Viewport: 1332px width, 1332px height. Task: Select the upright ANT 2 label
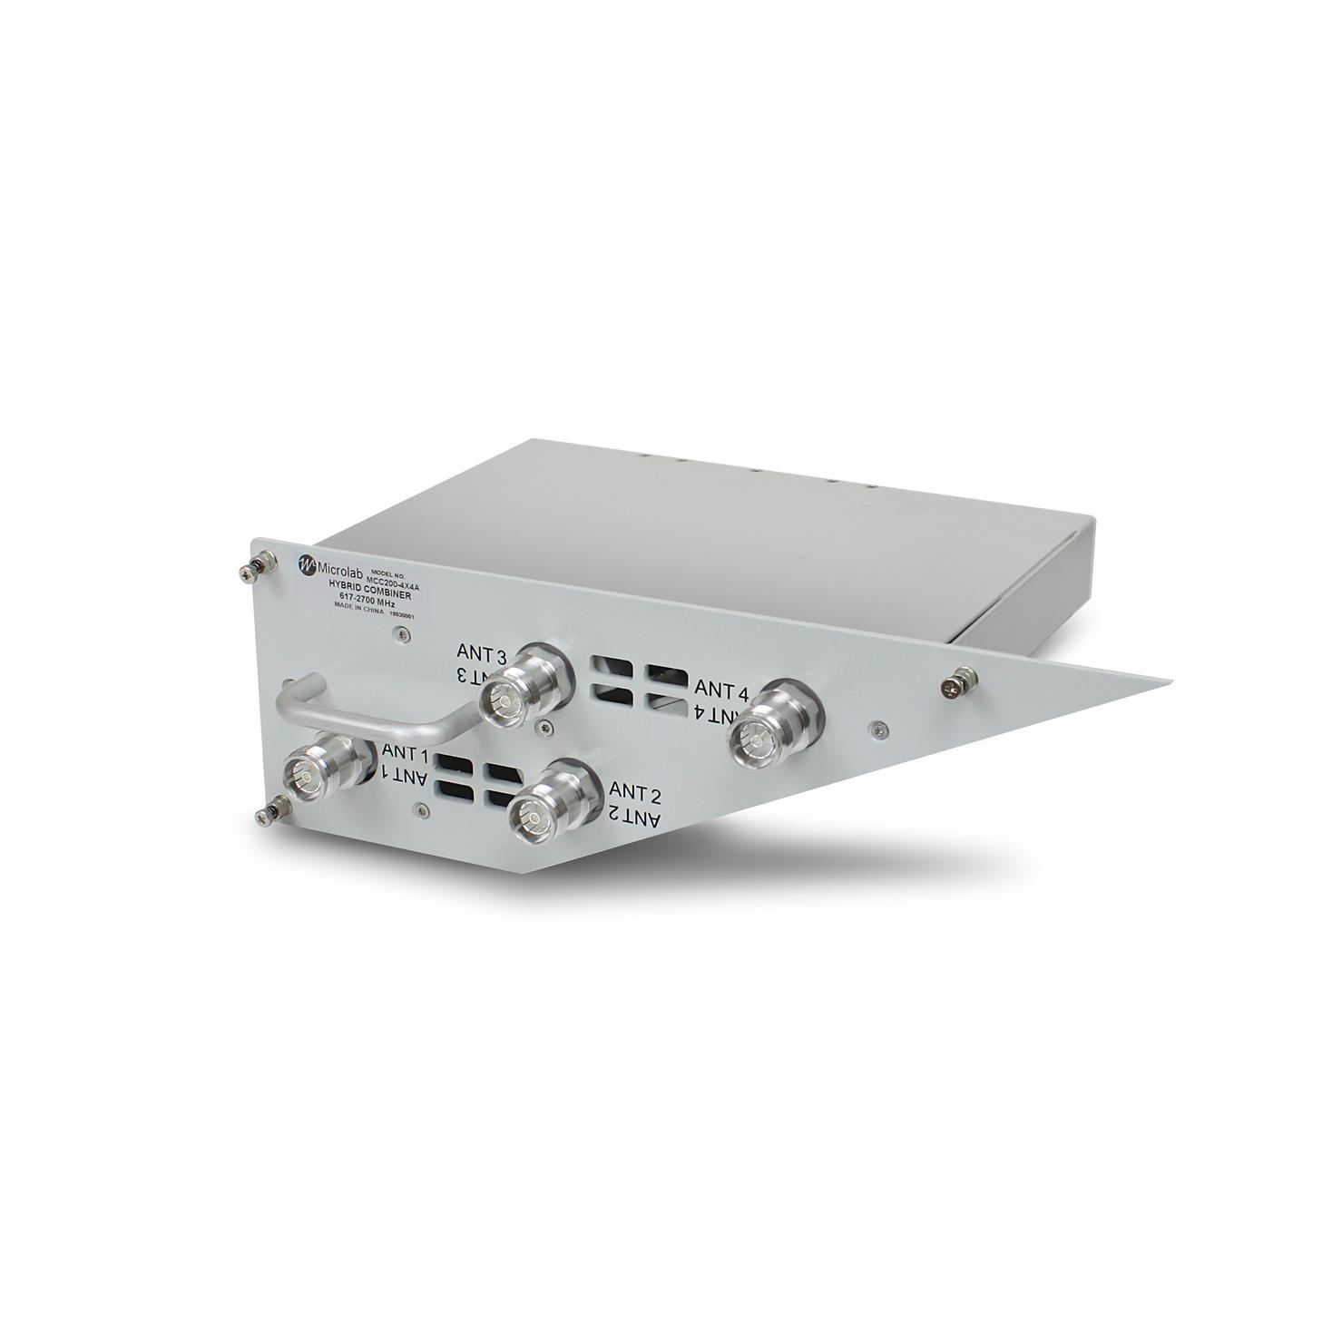[637, 793]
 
